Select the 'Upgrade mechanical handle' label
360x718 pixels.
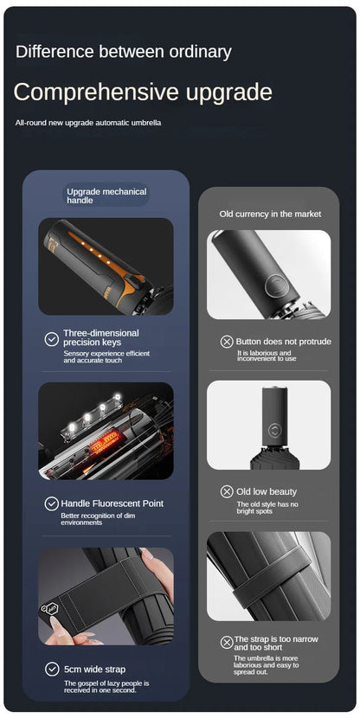click(106, 196)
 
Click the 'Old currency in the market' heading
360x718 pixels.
click(270, 214)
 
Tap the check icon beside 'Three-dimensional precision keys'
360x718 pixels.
click(52, 339)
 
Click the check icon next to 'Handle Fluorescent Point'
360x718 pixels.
click(51, 503)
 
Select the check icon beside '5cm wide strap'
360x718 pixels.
click(52, 669)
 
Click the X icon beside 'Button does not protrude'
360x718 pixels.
click(227, 342)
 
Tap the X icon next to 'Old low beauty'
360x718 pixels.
click(227, 492)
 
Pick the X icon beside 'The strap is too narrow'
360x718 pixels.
click(227, 642)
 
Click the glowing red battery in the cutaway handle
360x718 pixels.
click(105, 441)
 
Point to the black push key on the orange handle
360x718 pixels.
click(134, 279)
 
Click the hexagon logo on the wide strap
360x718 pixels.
click(52, 608)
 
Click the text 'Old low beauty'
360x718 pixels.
click(267, 492)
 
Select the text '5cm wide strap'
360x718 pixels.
click(95, 669)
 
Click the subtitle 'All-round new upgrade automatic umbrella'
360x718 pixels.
click(88, 123)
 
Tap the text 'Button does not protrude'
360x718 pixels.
click(284, 342)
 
